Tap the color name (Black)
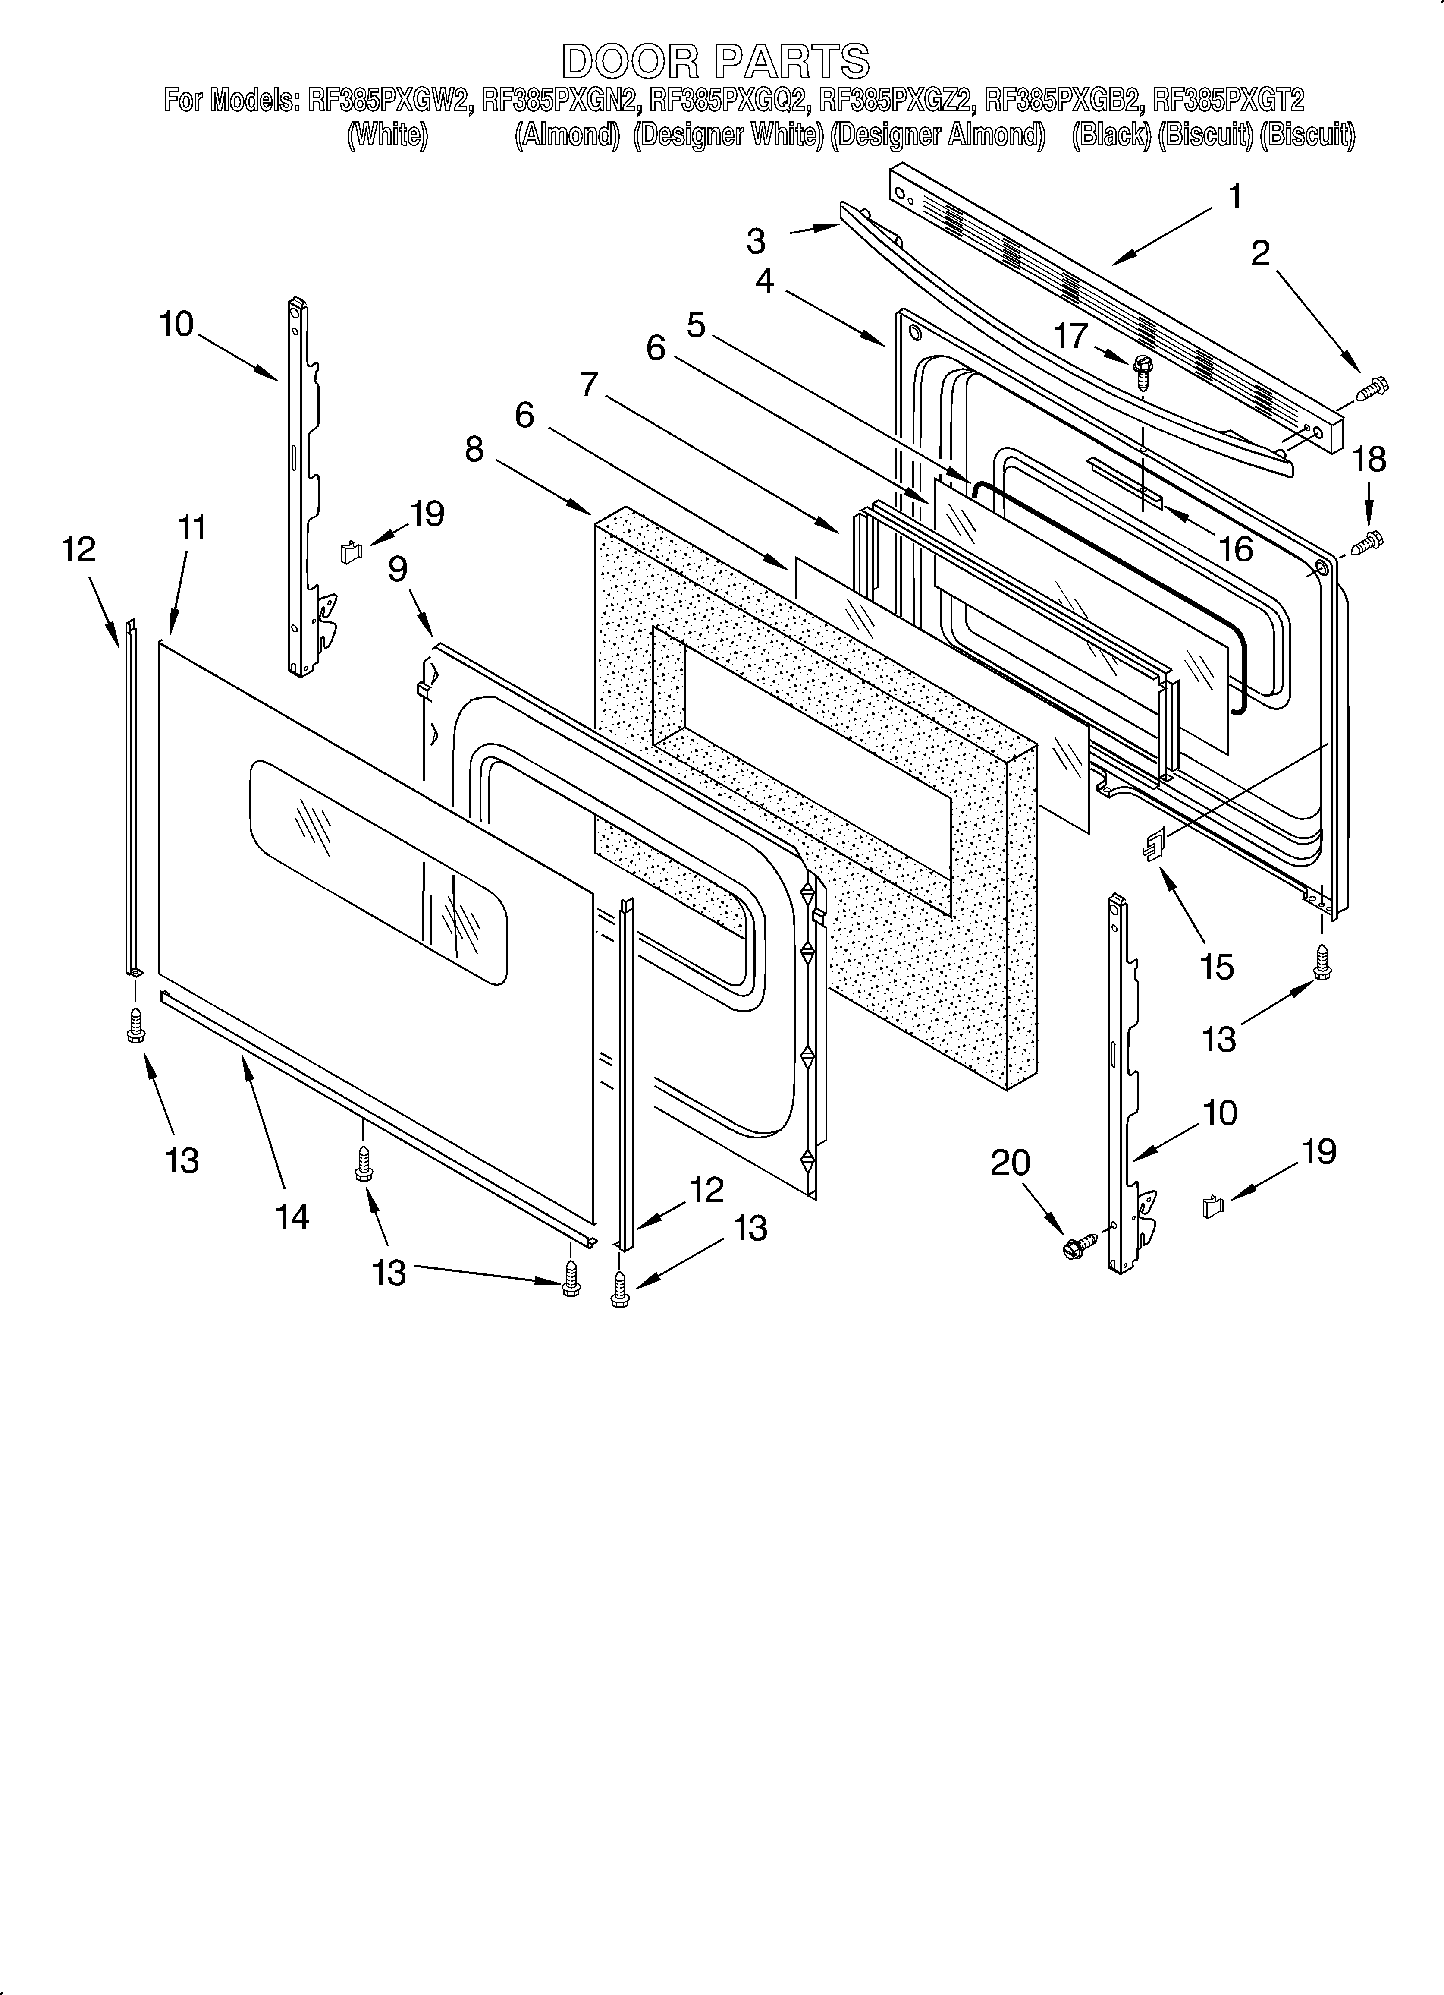tap(1111, 136)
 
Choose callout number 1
tap(1235, 197)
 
